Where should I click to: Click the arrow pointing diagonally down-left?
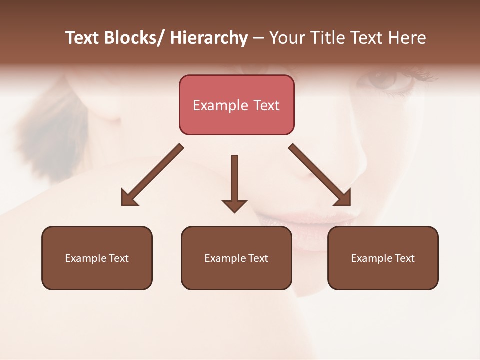(x=152, y=175)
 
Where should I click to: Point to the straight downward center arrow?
(x=234, y=180)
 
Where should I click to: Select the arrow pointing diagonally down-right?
(x=320, y=175)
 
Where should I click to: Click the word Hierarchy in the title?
(x=208, y=38)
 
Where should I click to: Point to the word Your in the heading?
(x=287, y=38)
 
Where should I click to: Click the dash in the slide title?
(x=258, y=38)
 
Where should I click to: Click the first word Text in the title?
(x=82, y=38)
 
